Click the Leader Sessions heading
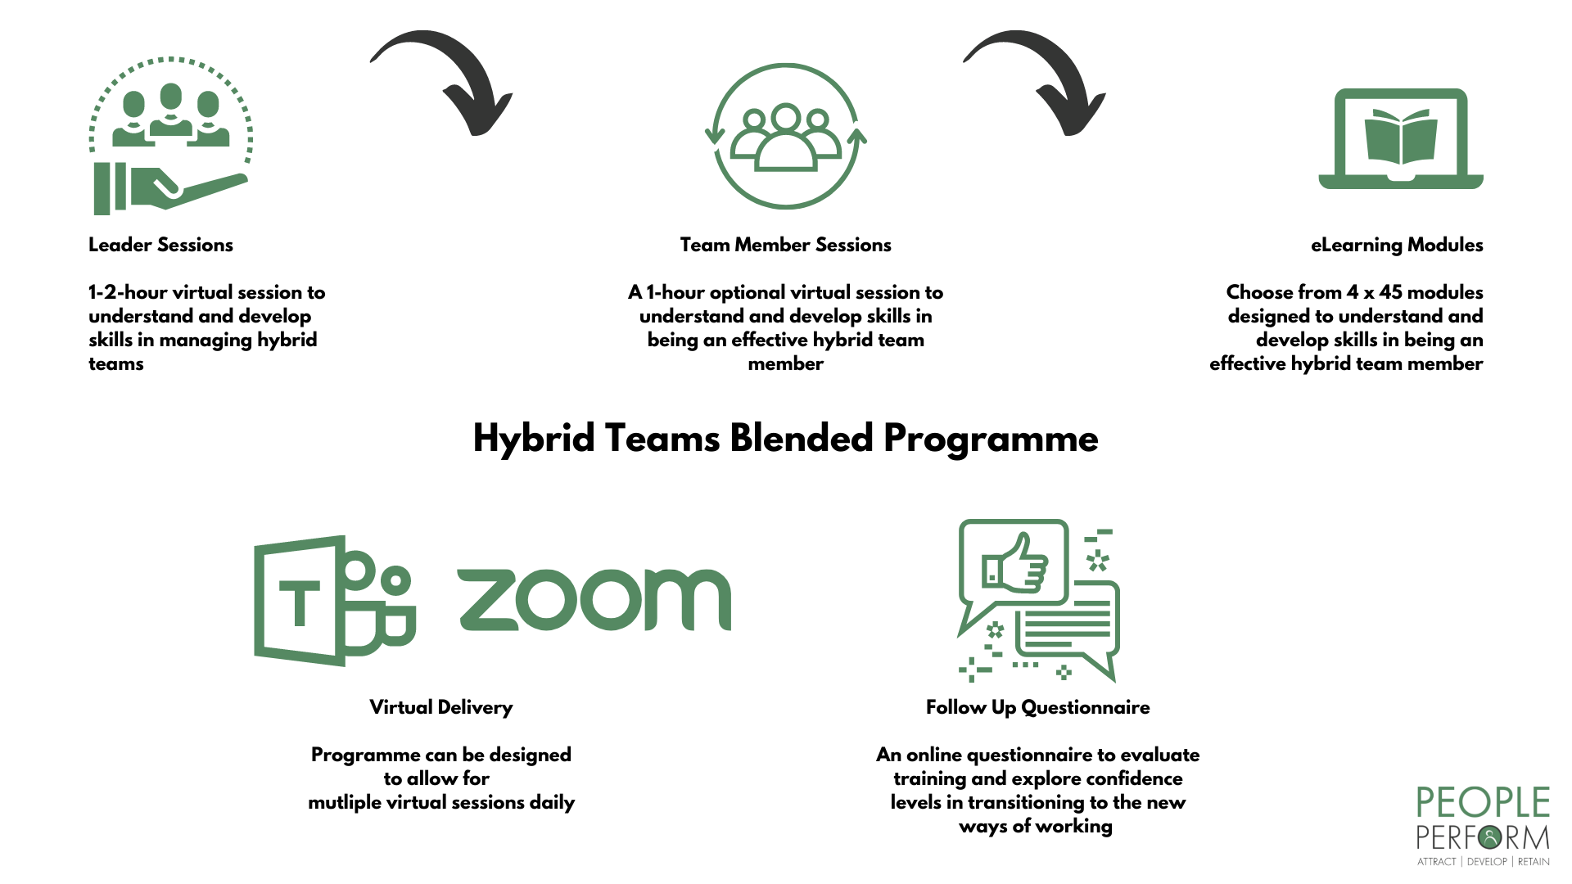(160, 245)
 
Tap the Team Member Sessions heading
(785, 245)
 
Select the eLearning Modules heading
(1397, 246)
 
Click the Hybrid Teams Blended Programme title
(785, 439)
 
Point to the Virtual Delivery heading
(440, 707)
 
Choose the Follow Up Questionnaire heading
(1037, 707)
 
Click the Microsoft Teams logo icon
(335, 600)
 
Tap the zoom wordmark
(594, 600)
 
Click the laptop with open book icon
(1401, 139)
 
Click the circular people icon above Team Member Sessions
(786, 136)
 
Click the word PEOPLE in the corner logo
(1483, 803)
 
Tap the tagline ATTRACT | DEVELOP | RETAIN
(1483, 862)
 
